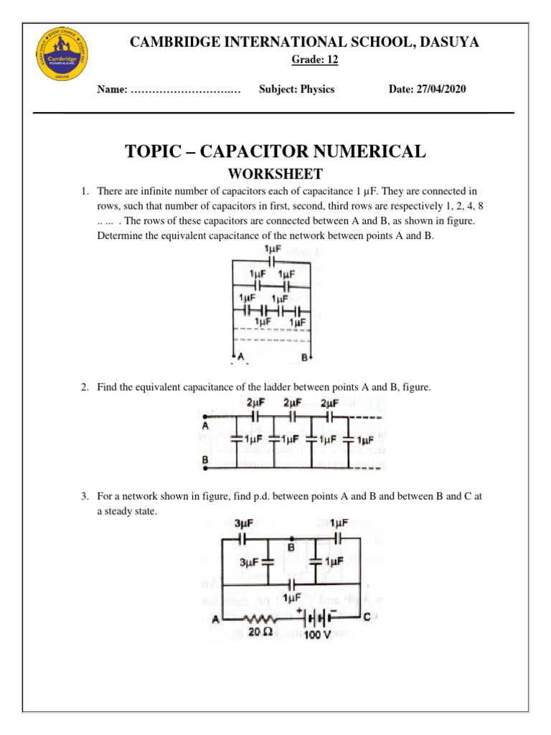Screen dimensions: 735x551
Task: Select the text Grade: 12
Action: click(x=314, y=60)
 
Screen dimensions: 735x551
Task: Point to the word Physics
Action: click(x=317, y=90)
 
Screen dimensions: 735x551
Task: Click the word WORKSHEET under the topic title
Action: click(x=275, y=174)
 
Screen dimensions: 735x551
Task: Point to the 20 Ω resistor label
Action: click(x=258, y=632)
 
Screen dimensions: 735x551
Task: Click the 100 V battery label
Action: click(x=317, y=635)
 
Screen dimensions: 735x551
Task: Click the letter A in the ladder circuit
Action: click(x=205, y=425)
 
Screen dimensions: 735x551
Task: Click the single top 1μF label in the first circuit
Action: click(x=273, y=249)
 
